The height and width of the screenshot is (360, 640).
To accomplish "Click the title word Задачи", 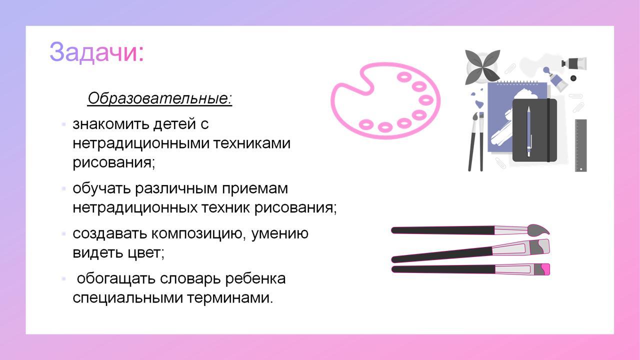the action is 96,52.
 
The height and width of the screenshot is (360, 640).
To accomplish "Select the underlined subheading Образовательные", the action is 159,98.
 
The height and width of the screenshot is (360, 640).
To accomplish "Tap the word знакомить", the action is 110,124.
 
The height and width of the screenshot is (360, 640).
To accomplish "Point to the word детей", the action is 174,124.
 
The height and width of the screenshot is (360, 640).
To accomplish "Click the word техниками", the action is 251,143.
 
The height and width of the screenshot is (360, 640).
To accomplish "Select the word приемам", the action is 255,189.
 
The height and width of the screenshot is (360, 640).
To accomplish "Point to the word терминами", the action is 230,297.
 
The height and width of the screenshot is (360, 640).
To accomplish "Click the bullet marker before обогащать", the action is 63,278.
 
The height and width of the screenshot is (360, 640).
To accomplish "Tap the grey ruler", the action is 581,145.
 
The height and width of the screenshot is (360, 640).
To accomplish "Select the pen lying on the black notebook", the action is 528,131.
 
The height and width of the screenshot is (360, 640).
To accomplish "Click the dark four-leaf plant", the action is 482,67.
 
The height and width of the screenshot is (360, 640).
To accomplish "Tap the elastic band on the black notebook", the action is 548,130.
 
